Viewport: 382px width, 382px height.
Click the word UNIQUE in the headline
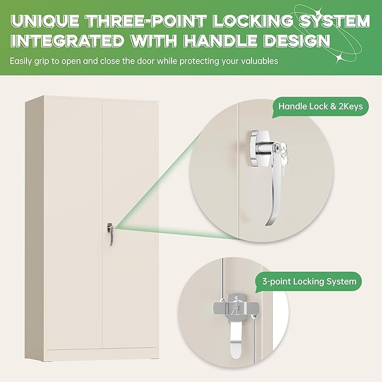(45, 21)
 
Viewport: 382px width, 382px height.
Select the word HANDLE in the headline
(221, 41)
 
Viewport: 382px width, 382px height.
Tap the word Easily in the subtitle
(21, 61)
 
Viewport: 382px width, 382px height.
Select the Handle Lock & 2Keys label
(320, 106)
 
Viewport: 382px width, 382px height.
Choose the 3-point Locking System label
(309, 282)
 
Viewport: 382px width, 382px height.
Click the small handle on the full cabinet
(111, 233)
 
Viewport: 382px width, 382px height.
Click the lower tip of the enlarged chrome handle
(267, 224)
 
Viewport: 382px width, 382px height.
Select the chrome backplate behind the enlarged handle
(259, 149)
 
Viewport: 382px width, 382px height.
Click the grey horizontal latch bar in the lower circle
(235, 308)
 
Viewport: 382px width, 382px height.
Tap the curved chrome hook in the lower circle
(236, 341)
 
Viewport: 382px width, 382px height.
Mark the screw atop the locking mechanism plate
(236, 298)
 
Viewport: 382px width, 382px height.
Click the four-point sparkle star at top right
(339, 58)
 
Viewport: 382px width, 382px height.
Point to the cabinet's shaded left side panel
(34, 228)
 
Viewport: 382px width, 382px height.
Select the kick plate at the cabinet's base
(102, 354)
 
